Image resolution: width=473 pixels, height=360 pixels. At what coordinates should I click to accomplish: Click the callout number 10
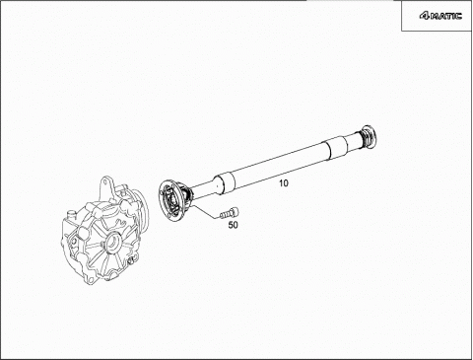pos(284,183)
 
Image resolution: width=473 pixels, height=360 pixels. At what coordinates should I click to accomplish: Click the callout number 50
pos(234,225)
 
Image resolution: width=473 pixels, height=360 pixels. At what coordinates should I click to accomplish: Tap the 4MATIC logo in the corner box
pos(440,16)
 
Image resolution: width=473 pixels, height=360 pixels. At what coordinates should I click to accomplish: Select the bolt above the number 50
pos(230,213)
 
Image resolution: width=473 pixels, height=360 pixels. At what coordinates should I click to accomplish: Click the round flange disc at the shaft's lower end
pos(170,200)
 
